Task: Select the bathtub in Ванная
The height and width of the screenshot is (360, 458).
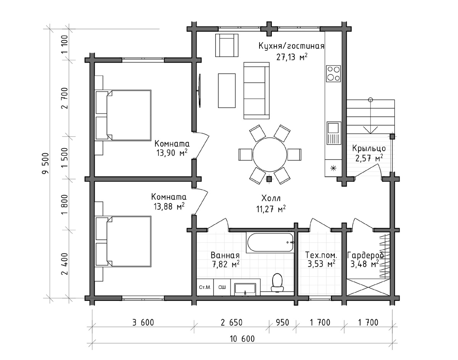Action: pyautogui.click(x=270, y=242)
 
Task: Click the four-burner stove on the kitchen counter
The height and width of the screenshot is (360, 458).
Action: pyautogui.click(x=333, y=74)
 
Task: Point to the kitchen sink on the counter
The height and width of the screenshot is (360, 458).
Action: pyautogui.click(x=334, y=133)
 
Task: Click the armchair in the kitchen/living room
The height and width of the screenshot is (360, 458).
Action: pyautogui.click(x=227, y=45)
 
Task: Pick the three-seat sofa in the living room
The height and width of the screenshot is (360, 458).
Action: pyautogui.click(x=256, y=90)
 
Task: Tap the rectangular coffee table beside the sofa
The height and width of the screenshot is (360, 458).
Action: pyautogui.click(x=227, y=90)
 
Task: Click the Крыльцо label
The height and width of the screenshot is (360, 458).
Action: pyautogui.click(x=369, y=148)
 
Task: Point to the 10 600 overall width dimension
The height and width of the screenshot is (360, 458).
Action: pyautogui.click(x=242, y=339)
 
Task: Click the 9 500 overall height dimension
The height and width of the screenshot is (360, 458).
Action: pyautogui.click(x=45, y=163)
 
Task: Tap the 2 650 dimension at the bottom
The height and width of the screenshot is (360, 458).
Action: pyautogui.click(x=231, y=323)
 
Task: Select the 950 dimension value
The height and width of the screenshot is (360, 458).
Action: pyautogui.click(x=282, y=323)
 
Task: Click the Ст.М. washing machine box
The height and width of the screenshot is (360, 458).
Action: pyautogui.click(x=205, y=287)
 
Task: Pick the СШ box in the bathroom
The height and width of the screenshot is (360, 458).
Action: pyautogui.click(x=222, y=287)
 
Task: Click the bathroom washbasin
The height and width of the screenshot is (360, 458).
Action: pyautogui.click(x=245, y=289)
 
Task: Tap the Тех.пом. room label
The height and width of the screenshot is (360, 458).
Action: pyautogui.click(x=321, y=255)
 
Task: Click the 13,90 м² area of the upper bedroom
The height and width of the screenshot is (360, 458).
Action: pyautogui.click(x=172, y=153)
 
